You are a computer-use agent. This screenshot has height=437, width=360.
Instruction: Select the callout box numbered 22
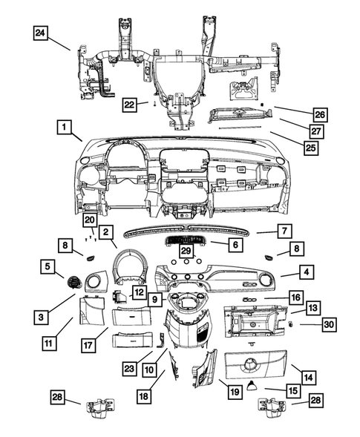(x=130, y=105)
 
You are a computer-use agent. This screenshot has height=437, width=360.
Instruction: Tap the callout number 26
(x=320, y=114)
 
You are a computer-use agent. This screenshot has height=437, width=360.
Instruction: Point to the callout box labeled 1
(x=67, y=128)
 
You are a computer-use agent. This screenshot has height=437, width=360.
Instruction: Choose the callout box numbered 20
(x=90, y=220)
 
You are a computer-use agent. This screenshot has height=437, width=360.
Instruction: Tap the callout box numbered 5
(x=48, y=265)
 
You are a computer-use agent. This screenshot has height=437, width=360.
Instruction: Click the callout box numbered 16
(x=295, y=298)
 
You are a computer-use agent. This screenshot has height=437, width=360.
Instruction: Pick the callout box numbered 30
(x=329, y=323)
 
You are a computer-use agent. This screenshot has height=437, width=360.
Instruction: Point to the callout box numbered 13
(x=313, y=307)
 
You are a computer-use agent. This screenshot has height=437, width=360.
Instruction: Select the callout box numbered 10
(x=148, y=369)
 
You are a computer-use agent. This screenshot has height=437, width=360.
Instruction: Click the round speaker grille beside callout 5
(x=75, y=280)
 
